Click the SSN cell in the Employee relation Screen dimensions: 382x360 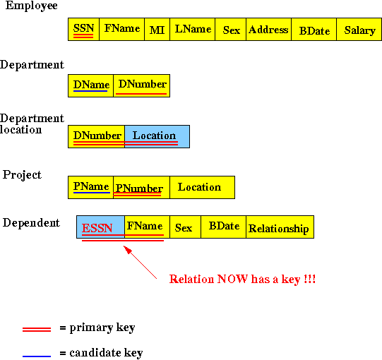pos(83,29)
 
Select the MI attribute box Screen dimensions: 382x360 pos(157,29)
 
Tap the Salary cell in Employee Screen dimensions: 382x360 pos(359,29)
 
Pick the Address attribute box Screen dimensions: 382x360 pos(269,29)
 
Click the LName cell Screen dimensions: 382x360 pos(193,29)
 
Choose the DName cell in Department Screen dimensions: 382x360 pos(90,85)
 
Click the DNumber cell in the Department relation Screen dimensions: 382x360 pos(141,85)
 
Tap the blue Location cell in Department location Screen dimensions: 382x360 pos(157,137)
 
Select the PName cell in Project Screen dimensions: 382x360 pos(90,187)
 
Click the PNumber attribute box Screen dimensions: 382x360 pos(141,187)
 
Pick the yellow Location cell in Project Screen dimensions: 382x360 pos(203,187)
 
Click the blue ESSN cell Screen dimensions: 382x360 pos(100,227)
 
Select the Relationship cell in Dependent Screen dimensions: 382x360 pos(280,227)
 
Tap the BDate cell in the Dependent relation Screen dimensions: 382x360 pos(224,227)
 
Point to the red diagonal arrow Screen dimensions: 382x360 pos(140,262)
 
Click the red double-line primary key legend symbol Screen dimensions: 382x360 pos(37,330)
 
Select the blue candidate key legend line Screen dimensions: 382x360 pos(37,356)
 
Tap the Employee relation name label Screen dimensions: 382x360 pos(32,6)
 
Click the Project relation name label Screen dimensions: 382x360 pos(22,175)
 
